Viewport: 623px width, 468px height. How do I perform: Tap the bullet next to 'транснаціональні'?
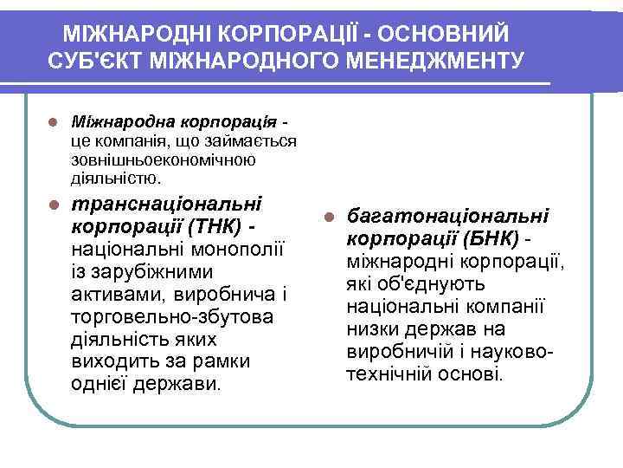[53, 206]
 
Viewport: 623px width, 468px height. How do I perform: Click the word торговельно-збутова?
[170, 317]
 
